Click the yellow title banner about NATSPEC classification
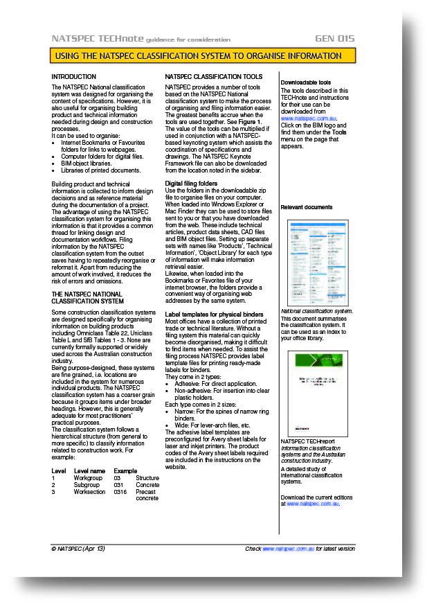(x=203, y=55)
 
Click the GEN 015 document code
(x=335, y=39)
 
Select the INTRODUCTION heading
(x=74, y=76)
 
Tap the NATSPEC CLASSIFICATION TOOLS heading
(x=213, y=76)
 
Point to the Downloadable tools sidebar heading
(x=305, y=82)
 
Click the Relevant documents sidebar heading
(x=306, y=207)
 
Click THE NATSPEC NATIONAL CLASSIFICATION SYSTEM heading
(x=87, y=298)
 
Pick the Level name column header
(x=89, y=471)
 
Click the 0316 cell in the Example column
(x=120, y=492)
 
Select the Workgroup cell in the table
(x=88, y=478)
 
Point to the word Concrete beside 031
(x=147, y=485)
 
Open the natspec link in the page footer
(x=288, y=548)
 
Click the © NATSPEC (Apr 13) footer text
(x=78, y=548)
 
